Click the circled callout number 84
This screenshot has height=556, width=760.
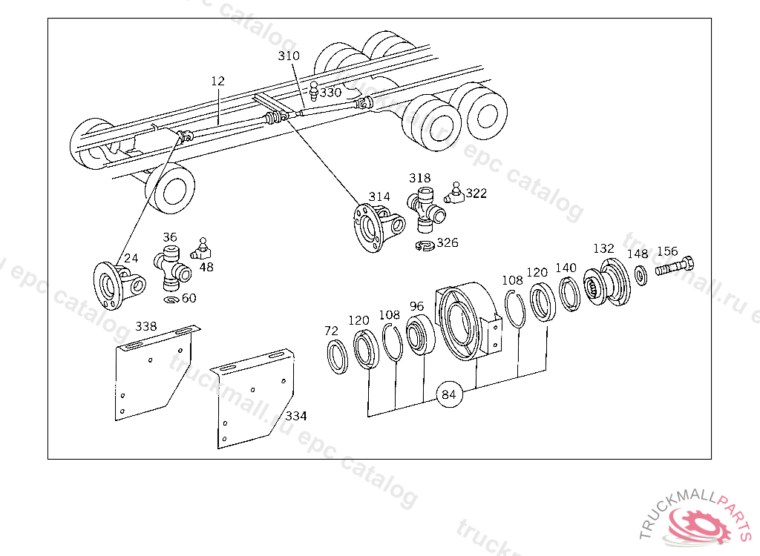448,394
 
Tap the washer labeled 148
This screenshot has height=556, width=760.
641,276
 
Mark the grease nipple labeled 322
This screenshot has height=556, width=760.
454,193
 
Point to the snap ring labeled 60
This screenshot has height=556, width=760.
171,299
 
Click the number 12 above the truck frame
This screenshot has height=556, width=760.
217,81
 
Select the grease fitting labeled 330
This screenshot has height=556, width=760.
314,92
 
